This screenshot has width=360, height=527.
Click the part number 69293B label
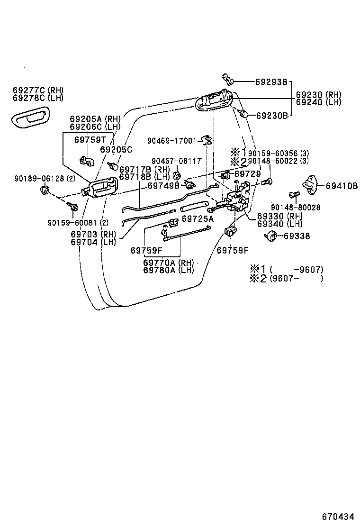[x=271, y=82]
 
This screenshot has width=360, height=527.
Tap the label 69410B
[x=341, y=185]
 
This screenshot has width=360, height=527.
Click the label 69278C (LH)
[x=38, y=98]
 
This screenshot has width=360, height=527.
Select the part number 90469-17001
[x=171, y=141]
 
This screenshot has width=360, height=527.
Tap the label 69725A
[x=198, y=219]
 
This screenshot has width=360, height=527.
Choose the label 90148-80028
[x=296, y=207]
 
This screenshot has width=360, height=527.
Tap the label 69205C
[x=116, y=149]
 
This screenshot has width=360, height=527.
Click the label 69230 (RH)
[x=318, y=95]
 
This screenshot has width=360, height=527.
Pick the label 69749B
[x=163, y=185]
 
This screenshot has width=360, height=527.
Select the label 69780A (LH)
[x=168, y=270]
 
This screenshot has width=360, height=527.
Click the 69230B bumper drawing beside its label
[x=244, y=114]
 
